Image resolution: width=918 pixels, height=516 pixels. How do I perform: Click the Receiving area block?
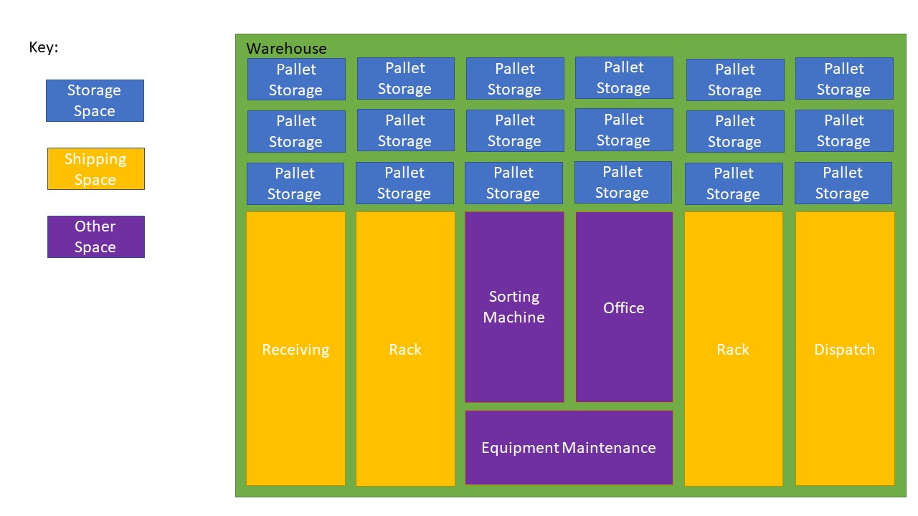pos(295,349)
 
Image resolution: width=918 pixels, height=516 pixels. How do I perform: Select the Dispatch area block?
pos(844,349)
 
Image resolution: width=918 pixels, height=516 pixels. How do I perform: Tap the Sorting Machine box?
pos(514,307)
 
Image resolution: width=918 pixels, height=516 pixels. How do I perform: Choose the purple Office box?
pos(623,307)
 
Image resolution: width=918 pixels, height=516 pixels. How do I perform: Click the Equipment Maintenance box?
pos(568,447)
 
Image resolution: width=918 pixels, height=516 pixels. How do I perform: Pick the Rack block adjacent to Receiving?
pos(405,349)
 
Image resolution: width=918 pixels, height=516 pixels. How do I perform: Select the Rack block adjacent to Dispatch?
pos(733,349)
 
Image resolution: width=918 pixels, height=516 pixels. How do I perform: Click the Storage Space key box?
pos(95,100)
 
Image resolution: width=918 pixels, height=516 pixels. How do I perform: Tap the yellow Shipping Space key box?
pos(95,169)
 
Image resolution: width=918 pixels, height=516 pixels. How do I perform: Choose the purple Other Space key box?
pos(95,236)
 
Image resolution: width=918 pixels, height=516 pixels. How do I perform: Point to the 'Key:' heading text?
pos(44,48)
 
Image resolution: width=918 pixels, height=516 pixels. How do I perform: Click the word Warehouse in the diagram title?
pos(286,49)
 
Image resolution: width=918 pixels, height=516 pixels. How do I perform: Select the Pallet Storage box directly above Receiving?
pos(295,183)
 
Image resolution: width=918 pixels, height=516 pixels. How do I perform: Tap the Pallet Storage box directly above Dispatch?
pos(843,183)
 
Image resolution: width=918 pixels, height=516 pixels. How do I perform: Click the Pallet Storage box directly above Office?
pos(623,182)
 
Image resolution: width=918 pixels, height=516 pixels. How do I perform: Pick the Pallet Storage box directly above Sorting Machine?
pos(513,183)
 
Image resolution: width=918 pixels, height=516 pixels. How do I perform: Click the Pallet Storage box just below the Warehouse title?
pos(295,79)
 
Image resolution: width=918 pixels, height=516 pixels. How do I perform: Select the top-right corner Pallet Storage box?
pos(843,78)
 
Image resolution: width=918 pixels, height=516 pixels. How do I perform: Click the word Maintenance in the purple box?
pos(609,448)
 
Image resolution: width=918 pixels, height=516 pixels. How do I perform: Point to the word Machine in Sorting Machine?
pos(514,317)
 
